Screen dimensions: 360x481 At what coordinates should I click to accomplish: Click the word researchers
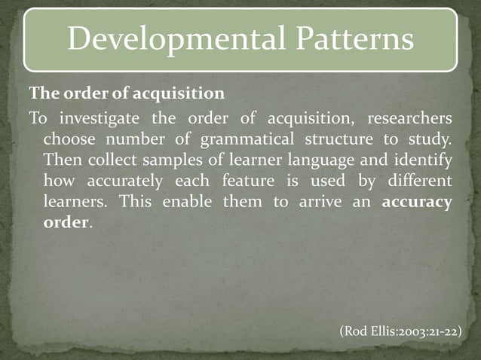[410, 119]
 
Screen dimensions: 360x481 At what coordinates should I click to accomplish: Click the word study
[431, 140]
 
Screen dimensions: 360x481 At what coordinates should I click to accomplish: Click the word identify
[421, 160]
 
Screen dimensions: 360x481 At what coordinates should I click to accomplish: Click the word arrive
[317, 203]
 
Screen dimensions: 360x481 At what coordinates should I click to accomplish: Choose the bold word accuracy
[418, 203]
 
